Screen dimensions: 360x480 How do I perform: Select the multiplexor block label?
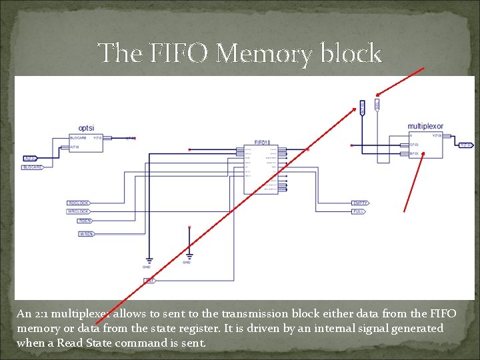tap(425, 126)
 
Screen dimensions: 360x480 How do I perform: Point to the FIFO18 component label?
tap(262, 142)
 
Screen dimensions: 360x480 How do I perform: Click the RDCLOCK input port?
tap(78, 203)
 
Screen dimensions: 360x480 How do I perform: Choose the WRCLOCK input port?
tap(79, 211)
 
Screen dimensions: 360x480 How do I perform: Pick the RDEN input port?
tap(85, 220)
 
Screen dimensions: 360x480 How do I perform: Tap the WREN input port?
tap(86, 234)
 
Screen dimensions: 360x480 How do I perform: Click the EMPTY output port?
tap(360, 203)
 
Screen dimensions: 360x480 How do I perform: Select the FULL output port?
tap(358, 211)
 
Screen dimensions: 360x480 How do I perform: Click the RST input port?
tap(149, 281)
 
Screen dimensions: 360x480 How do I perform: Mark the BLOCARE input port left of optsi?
tap(32, 167)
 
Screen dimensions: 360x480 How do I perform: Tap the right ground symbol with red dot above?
tap(189, 255)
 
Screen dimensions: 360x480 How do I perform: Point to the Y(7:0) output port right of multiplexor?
tap(465, 144)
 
